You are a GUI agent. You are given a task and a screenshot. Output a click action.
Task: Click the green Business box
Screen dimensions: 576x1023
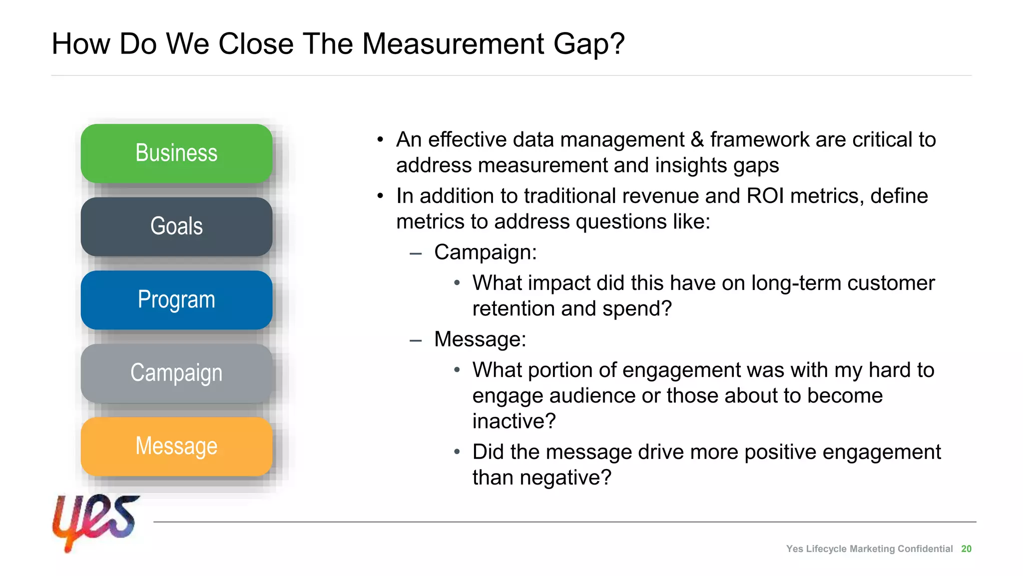pos(176,153)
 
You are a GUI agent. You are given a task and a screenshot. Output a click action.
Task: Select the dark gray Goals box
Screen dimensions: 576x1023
pos(176,226)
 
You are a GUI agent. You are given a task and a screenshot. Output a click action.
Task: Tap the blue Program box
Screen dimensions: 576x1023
pos(176,300)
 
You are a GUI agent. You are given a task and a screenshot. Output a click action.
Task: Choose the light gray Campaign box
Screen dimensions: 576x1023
pos(176,373)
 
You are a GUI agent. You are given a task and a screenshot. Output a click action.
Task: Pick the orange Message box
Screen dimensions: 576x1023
pos(176,446)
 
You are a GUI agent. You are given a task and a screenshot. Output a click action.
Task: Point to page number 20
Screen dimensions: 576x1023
pos(966,548)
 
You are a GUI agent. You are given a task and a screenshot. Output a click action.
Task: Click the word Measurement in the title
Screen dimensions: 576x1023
pos(453,44)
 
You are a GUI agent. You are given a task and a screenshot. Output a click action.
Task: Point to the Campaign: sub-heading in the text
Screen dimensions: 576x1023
pos(485,252)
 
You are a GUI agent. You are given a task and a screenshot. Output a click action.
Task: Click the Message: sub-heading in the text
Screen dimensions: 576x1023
pos(480,339)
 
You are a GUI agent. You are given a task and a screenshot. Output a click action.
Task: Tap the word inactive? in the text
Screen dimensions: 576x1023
pos(514,421)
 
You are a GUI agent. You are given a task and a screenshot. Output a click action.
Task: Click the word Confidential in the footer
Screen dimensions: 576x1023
pos(925,548)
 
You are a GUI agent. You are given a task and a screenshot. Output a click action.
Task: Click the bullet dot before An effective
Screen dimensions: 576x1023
pos(381,140)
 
